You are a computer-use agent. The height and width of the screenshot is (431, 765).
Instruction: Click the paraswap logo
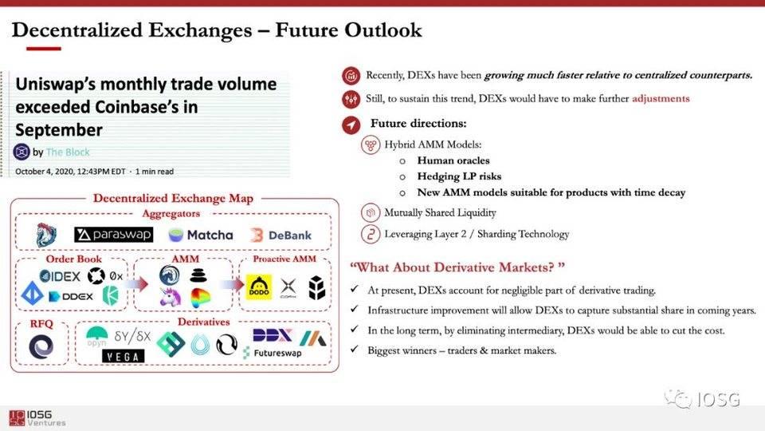(113, 235)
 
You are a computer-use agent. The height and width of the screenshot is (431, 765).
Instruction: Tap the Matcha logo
(201, 235)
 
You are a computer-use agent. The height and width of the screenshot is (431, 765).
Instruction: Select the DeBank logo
(280, 235)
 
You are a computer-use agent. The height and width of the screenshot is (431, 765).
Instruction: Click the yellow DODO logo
(258, 287)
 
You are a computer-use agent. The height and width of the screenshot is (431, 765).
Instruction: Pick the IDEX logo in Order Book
(60, 276)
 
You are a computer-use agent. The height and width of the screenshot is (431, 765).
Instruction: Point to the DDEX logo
(71, 296)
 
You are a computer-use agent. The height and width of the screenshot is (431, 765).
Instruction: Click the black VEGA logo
(124, 356)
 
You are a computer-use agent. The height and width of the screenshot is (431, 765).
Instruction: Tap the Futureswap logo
(273, 353)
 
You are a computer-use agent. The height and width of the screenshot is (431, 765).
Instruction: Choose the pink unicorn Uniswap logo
(170, 297)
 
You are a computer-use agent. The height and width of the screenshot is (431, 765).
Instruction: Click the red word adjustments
(661, 99)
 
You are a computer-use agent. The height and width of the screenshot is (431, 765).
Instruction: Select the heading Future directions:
(418, 123)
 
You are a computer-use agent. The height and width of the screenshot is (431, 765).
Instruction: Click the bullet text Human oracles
(453, 160)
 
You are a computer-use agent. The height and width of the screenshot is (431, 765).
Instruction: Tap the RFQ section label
(41, 323)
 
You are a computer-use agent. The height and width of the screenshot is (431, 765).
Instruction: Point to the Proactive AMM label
(284, 259)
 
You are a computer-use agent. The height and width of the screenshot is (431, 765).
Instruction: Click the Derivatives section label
(203, 322)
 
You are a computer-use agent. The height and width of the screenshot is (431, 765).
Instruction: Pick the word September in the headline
(58, 130)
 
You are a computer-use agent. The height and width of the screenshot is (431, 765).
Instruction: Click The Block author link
(68, 152)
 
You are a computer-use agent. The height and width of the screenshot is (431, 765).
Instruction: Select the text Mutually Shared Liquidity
(440, 212)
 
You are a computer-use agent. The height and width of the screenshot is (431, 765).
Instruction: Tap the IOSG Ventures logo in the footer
(37, 417)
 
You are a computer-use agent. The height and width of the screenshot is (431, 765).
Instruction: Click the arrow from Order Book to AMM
(139, 284)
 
